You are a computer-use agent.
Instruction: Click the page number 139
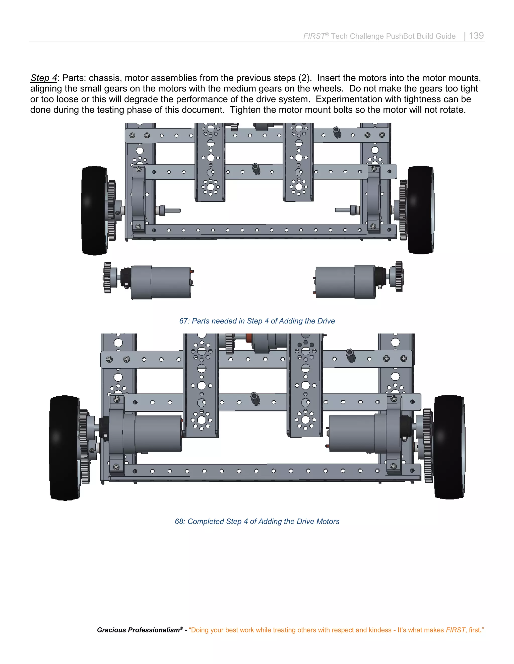tap(476, 36)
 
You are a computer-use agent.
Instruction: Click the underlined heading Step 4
tap(43, 78)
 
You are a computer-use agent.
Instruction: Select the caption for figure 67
tap(257, 321)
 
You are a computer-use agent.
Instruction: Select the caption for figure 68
tap(257, 521)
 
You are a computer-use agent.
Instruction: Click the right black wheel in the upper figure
tap(421, 210)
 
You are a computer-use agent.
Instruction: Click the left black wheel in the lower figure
tap(63, 447)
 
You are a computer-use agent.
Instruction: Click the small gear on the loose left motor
tap(107, 278)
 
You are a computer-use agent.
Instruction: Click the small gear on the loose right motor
tap(399, 276)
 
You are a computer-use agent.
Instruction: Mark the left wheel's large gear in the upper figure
tap(112, 210)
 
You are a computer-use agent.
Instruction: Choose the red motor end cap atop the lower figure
tap(249, 338)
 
